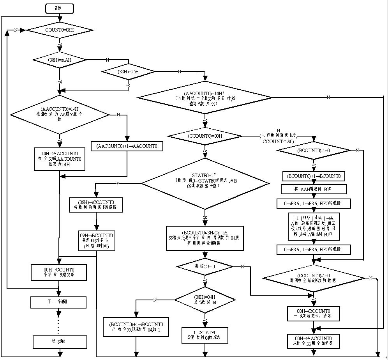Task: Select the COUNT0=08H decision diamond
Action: (60, 30)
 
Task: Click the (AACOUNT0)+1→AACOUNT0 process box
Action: (127, 146)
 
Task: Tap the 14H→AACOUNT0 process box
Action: (60, 159)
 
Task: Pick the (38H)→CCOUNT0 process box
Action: (96, 205)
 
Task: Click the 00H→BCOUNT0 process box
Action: (313, 314)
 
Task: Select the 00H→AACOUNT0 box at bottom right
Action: (313, 341)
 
